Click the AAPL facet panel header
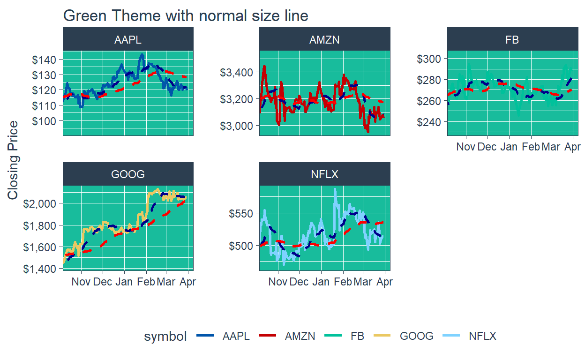point(128,39)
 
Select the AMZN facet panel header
point(324,39)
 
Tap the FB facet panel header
point(512,39)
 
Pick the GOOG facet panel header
point(128,174)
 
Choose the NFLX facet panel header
point(324,174)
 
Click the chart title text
point(186,15)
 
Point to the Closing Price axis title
point(13,160)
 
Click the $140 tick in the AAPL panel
point(44,60)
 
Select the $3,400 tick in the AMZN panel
point(236,72)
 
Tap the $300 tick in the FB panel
point(428,59)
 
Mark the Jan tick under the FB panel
point(509,147)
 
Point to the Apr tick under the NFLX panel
point(385,282)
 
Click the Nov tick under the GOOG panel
point(81,282)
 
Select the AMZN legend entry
point(300,336)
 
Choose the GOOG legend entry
point(416,336)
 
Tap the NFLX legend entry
point(482,336)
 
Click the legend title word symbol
point(165,336)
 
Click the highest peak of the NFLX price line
point(335,189)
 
